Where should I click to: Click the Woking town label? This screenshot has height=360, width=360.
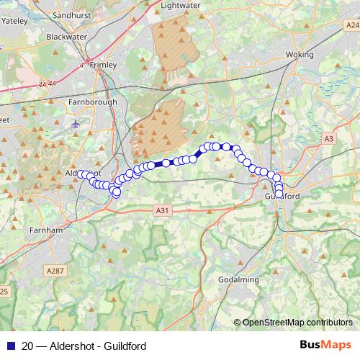click(x=300, y=55)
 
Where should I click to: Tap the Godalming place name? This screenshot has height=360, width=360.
click(x=238, y=279)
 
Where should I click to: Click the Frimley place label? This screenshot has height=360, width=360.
click(x=104, y=65)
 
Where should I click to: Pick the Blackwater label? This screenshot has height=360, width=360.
click(x=66, y=36)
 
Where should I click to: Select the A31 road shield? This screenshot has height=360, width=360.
click(x=163, y=210)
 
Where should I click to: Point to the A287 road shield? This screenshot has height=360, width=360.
click(x=54, y=271)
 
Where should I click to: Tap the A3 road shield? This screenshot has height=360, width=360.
click(x=328, y=138)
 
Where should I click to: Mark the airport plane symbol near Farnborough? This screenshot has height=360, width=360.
click(x=76, y=123)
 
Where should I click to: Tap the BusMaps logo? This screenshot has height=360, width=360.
click(x=325, y=346)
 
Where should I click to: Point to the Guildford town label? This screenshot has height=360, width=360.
click(x=282, y=196)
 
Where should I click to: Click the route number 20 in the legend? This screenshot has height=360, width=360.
click(x=27, y=346)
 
